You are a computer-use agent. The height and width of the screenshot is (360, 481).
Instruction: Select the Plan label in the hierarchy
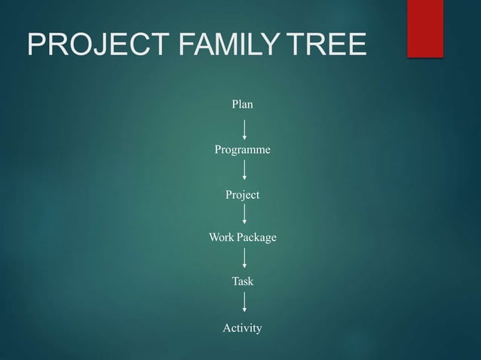coord(242,104)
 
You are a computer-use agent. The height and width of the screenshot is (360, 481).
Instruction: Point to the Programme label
coord(242,151)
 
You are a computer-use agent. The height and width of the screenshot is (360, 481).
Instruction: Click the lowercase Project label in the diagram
coord(242,195)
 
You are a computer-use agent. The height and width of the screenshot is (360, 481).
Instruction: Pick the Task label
coord(242,282)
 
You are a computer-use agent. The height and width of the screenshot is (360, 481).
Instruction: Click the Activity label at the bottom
coord(242,328)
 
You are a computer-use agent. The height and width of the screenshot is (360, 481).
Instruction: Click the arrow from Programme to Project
coord(244,172)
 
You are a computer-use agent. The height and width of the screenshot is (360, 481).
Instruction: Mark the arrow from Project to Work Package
coord(244,215)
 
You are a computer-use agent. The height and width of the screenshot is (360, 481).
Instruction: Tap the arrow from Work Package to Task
coord(244,259)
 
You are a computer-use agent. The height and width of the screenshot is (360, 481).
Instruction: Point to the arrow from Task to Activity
coord(244,304)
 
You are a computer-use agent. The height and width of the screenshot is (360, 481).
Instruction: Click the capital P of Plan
coord(234,104)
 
